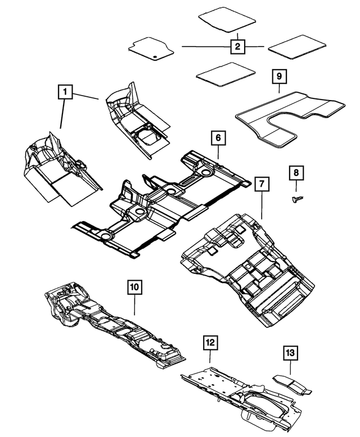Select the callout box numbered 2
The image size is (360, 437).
[x=238, y=46]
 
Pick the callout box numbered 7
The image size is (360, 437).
[x=261, y=184]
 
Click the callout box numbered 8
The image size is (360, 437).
[x=296, y=173]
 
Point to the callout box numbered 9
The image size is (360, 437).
[x=278, y=75]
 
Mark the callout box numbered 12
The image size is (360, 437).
[x=210, y=341]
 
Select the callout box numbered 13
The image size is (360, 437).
[x=290, y=353]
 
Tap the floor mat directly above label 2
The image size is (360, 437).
[x=228, y=17]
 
